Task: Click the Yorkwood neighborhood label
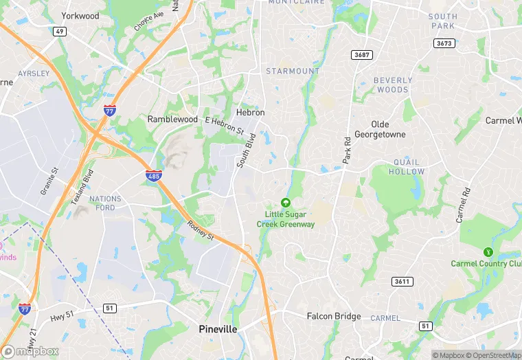point(80,16)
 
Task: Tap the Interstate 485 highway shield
point(154,176)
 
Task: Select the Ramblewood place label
point(172,119)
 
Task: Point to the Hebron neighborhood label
point(250,113)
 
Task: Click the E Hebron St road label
point(224,125)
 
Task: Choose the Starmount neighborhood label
point(293,71)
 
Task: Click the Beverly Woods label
point(393,85)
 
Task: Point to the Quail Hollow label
point(407,167)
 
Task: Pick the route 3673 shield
point(445,43)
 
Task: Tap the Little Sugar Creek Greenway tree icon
point(285,203)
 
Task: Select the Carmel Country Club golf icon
point(488,252)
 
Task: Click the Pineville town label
point(218,329)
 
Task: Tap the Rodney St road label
point(201,229)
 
